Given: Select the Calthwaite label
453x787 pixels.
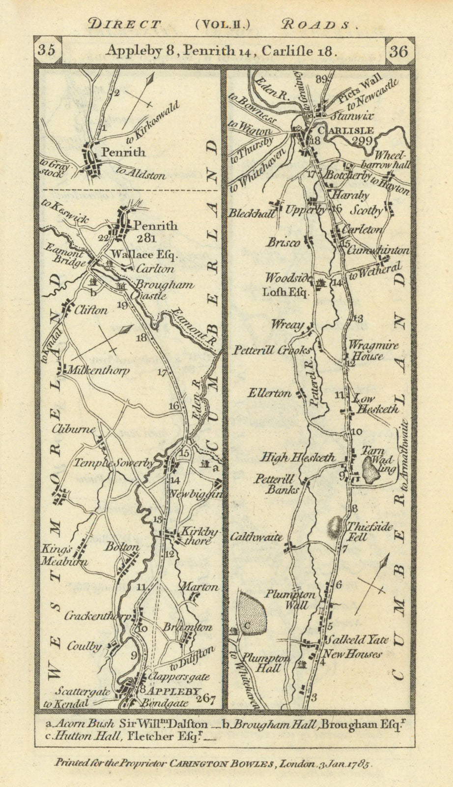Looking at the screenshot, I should pos(256,537).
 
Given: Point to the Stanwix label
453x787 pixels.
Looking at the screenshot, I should pos(352,117).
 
